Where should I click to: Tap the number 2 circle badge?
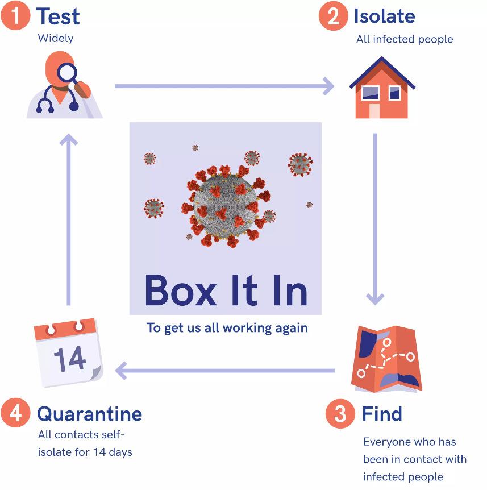[333, 16]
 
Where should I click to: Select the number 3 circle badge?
[340, 414]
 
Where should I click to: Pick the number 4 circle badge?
[15, 413]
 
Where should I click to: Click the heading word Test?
[58, 16]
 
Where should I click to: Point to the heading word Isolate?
[384, 16]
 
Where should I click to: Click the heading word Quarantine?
[89, 413]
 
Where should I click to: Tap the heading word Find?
[382, 414]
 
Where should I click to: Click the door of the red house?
[374, 110]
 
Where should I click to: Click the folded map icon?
[386, 359]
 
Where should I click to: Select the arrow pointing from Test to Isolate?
[224, 86]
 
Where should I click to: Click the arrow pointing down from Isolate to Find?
[375, 219]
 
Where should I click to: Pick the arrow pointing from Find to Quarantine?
[224, 371]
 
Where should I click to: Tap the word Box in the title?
[180, 290]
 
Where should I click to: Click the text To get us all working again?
[227, 328]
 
